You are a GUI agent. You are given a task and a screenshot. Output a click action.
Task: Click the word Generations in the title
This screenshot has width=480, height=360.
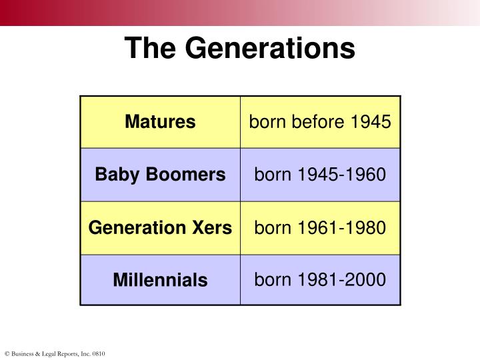269,48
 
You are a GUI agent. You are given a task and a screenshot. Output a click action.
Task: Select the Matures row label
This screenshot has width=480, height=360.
160,122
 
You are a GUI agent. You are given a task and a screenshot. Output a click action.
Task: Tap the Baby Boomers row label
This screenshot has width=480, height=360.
160,175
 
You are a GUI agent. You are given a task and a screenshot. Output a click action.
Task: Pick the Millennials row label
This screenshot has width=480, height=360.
160,280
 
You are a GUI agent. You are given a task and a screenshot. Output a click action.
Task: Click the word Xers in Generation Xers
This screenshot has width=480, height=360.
213,227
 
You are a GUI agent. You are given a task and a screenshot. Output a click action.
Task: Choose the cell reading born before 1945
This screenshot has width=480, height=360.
320,122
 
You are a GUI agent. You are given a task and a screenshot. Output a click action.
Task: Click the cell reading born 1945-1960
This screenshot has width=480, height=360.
320,175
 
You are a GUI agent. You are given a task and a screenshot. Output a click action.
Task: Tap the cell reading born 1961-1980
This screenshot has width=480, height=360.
320,227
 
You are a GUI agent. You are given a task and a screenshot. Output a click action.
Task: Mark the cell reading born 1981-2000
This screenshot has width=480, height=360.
320,279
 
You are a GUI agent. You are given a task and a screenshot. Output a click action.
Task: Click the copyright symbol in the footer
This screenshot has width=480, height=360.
7,353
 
